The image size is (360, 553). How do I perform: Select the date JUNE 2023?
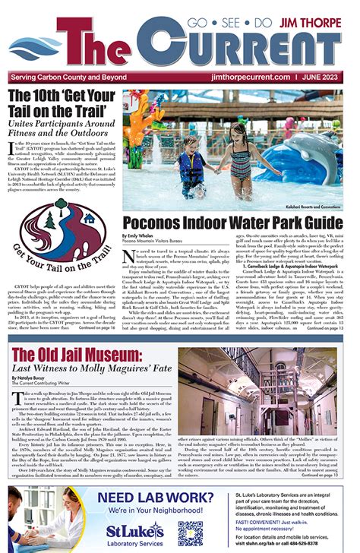(x=325, y=77)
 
